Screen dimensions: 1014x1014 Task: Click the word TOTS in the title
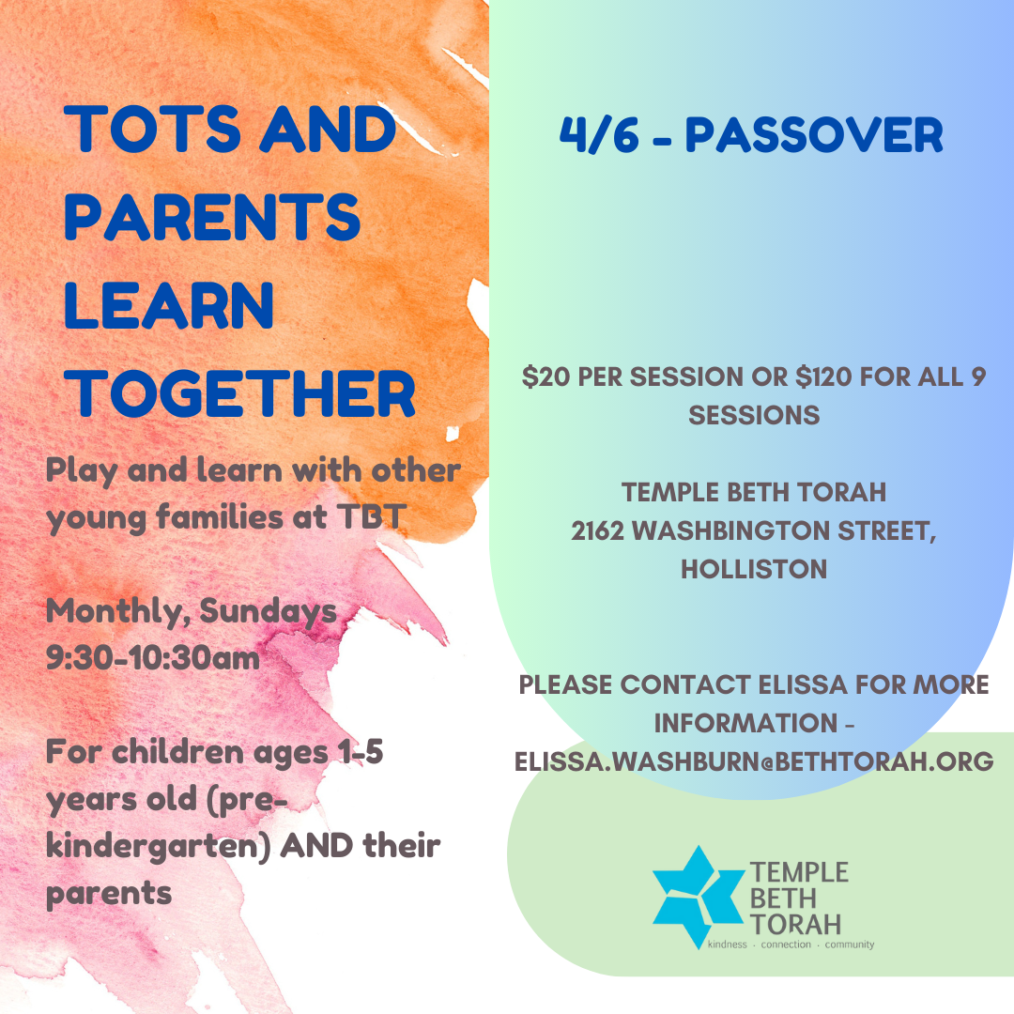coord(153,129)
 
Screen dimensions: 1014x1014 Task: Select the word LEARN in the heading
coord(169,305)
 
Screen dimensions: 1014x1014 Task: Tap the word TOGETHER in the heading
coord(240,393)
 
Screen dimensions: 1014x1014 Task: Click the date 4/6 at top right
coord(599,135)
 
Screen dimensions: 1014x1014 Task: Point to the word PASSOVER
coord(814,135)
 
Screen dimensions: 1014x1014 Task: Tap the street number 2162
coord(597,530)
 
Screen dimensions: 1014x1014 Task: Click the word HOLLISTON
coord(754,569)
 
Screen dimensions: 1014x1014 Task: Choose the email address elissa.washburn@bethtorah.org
coord(754,761)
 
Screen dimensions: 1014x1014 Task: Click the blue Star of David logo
coord(699,897)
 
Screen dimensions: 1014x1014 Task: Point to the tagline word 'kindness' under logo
coord(728,945)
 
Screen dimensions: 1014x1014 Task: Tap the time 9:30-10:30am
coord(153,658)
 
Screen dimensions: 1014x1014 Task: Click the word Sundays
coord(268,611)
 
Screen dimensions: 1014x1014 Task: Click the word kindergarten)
coord(159,847)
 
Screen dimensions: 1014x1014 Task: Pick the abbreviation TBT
coord(371,516)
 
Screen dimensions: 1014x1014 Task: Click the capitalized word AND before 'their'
coord(317,845)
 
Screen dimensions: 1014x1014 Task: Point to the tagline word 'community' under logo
coord(849,945)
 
